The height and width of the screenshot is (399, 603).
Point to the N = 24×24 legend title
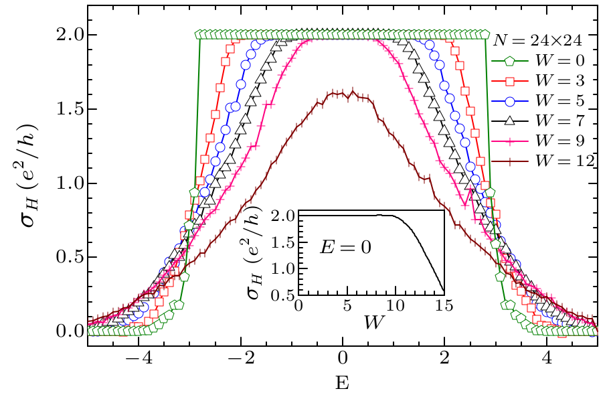tap(542, 40)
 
